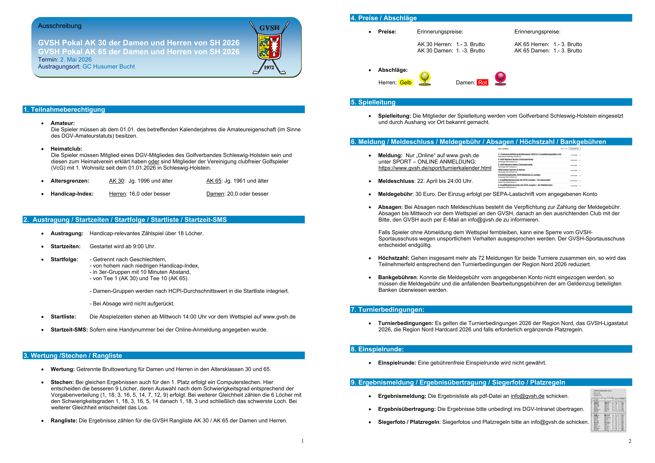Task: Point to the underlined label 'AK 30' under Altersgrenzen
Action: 116,181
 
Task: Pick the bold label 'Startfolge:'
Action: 64,259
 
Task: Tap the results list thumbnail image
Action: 608,410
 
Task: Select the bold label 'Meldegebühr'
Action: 395,194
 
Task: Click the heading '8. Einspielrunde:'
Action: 377,349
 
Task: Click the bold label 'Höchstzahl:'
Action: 393,258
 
